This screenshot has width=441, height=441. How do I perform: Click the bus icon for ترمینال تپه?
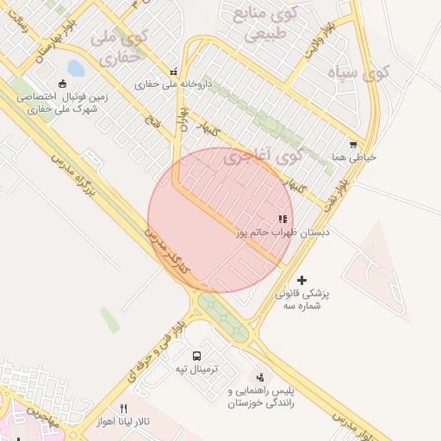pyautogui.click(x=197, y=356)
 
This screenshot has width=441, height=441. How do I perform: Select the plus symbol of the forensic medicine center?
pyautogui.click(x=301, y=280)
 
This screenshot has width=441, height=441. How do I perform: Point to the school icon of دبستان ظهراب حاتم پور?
pyautogui.click(x=283, y=220)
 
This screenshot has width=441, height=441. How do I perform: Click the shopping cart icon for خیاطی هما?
pyautogui.click(x=353, y=145)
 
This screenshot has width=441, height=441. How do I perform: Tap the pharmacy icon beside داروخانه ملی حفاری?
pyautogui.click(x=175, y=72)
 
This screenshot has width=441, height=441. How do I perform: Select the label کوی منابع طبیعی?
pyautogui.click(x=261, y=23)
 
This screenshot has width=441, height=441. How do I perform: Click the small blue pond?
pyautogui.click(x=75, y=67)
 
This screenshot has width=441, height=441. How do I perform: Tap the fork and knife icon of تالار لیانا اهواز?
pyautogui.click(x=123, y=409)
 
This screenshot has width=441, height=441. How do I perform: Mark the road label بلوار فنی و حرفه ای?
pyautogui.click(x=152, y=350)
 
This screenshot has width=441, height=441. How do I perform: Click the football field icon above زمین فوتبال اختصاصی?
pyautogui.click(x=62, y=84)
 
